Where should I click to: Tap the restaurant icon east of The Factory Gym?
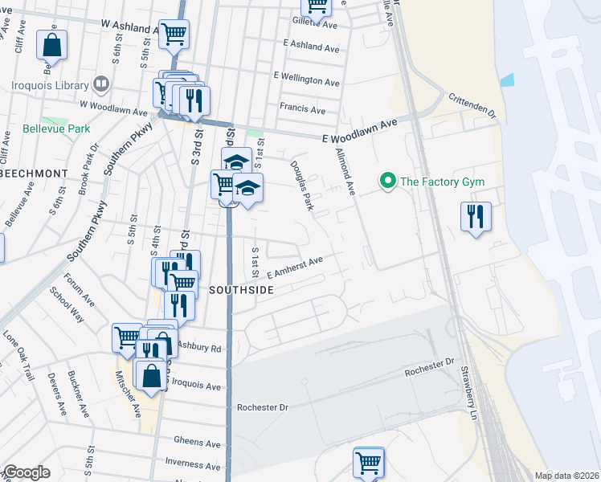(x=476, y=216)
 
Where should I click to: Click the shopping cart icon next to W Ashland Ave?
(x=173, y=35)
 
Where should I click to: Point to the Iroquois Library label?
(x=50, y=83)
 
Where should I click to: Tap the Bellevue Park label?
(x=45, y=129)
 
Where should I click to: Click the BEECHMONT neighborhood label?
(x=31, y=173)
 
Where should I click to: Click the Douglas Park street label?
(x=302, y=185)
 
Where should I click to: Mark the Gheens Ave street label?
(x=197, y=443)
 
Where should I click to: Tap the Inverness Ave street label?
(x=193, y=462)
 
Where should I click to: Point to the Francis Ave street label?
(x=302, y=108)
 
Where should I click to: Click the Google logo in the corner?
(x=26, y=472)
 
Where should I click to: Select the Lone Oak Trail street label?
(x=19, y=354)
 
